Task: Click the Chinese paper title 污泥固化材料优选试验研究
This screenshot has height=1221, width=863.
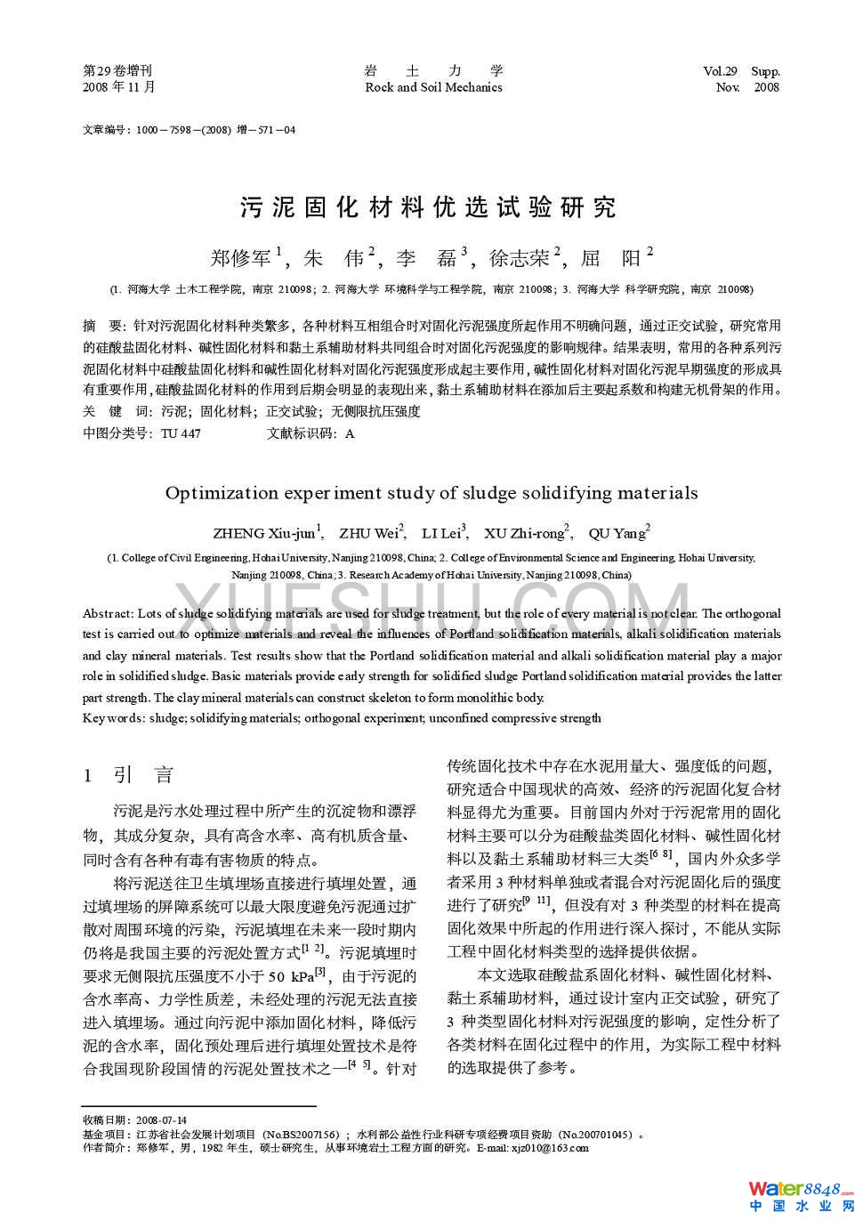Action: pyautogui.click(x=428, y=208)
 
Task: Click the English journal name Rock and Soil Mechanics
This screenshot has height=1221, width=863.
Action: pyautogui.click(x=433, y=87)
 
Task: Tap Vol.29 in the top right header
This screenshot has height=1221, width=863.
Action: pyautogui.click(x=720, y=71)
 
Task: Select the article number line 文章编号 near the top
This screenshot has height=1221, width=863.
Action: pyautogui.click(x=189, y=130)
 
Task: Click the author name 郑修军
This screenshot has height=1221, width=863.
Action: pyautogui.click(x=241, y=258)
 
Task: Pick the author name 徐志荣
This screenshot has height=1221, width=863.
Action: pyautogui.click(x=520, y=258)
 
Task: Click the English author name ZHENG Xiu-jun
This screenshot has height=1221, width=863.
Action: pyautogui.click(x=264, y=533)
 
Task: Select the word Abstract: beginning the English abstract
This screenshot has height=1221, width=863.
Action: pyautogui.click(x=109, y=613)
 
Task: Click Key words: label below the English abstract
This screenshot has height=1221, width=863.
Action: pyautogui.click(x=113, y=718)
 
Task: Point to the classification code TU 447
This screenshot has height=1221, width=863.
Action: pyautogui.click(x=181, y=433)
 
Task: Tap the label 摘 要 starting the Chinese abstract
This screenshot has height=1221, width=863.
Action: pyautogui.click(x=101, y=326)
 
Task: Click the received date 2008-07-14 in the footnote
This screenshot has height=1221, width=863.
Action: pyautogui.click(x=162, y=1120)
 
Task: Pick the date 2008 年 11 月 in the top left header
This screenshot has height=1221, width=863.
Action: pyautogui.click(x=118, y=87)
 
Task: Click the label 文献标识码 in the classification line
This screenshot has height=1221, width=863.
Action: pyautogui.click(x=303, y=433)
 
